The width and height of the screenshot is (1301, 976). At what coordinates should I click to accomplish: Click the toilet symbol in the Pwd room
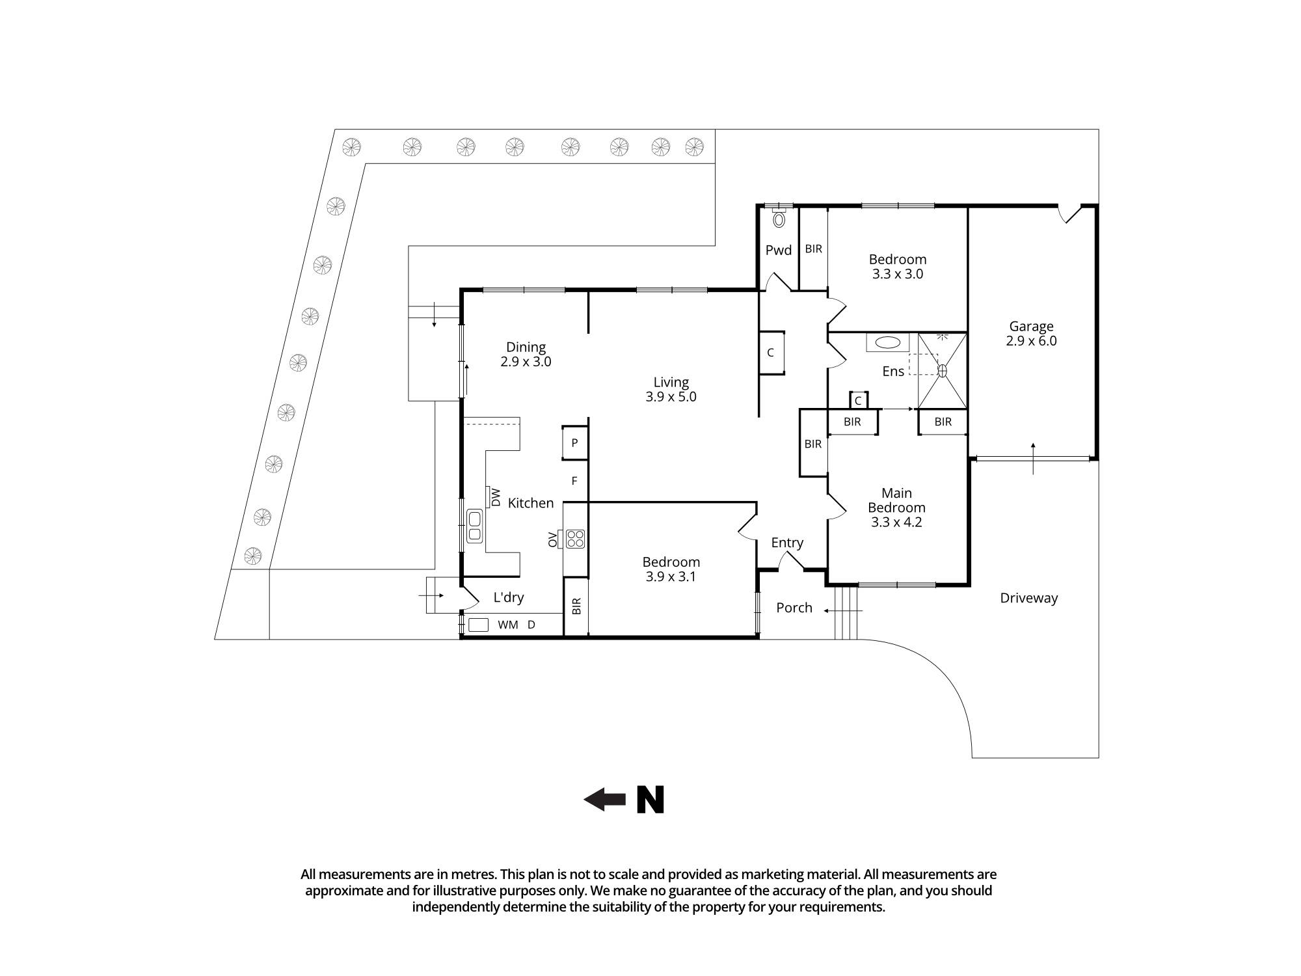(x=779, y=219)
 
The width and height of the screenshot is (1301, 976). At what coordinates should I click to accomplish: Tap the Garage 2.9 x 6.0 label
(x=1031, y=334)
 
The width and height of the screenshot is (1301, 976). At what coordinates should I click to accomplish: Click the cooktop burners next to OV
(x=576, y=539)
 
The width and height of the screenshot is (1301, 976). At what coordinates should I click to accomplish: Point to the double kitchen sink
(x=475, y=526)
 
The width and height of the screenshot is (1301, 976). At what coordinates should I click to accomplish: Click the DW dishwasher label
(x=496, y=498)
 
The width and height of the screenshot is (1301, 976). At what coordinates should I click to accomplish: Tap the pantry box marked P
(x=574, y=443)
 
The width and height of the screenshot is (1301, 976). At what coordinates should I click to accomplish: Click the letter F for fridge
(x=574, y=481)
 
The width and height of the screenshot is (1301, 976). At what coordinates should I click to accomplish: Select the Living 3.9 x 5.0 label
(x=671, y=390)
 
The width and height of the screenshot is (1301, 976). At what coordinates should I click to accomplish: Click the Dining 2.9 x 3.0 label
(x=526, y=355)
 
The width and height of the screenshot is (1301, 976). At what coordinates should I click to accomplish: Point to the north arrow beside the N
(x=605, y=799)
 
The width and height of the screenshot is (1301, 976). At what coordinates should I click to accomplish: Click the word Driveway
(x=1028, y=598)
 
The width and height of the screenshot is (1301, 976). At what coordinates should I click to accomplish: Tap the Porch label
(x=794, y=608)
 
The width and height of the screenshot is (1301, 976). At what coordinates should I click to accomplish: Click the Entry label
(x=787, y=543)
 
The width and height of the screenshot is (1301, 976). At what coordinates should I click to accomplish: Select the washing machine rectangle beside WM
(x=478, y=625)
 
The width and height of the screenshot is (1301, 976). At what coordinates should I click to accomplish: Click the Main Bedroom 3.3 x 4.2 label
(x=896, y=508)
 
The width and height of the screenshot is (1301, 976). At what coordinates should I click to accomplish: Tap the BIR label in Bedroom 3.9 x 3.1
(x=576, y=606)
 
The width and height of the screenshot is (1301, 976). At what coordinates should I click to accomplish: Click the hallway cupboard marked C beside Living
(x=771, y=353)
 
